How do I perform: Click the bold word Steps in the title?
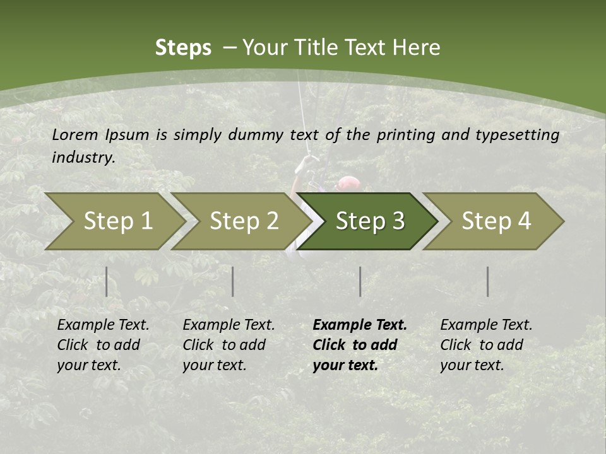click(x=183, y=48)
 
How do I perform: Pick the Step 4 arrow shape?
click(x=496, y=221)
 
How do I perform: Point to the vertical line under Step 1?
click(x=107, y=281)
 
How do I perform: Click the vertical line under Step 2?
click(x=233, y=281)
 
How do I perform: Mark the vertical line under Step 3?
click(x=360, y=281)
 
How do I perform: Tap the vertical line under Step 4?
click(x=488, y=281)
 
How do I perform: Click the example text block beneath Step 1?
click(x=103, y=345)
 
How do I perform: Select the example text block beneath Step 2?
click(x=229, y=345)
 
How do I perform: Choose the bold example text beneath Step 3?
click(x=360, y=345)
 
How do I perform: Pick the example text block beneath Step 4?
click(x=486, y=345)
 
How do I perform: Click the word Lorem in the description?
click(x=75, y=134)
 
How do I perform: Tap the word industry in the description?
click(x=83, y=158)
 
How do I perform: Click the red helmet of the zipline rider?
click(x=348, y=183)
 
